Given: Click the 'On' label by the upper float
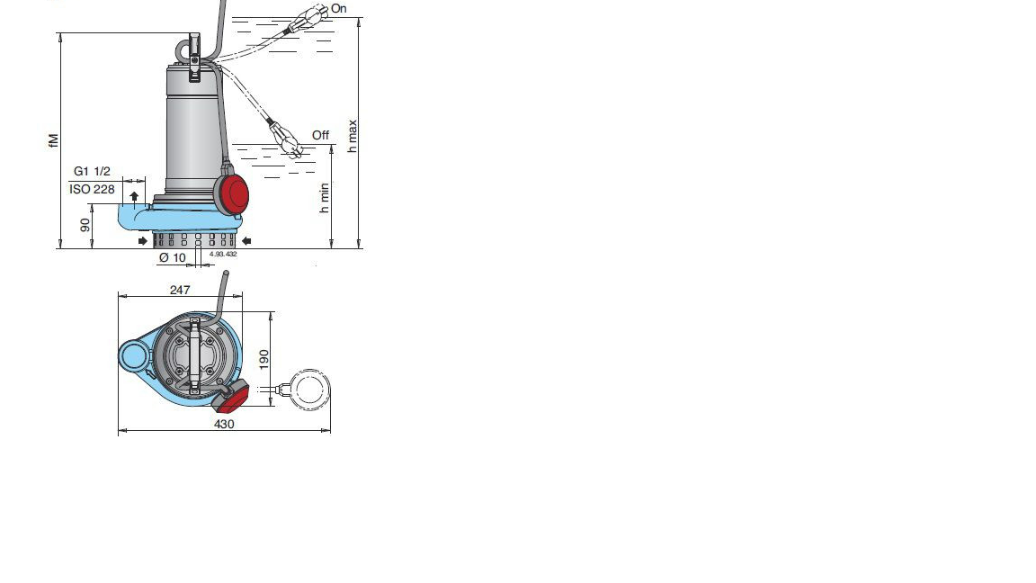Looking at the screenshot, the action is (338, 9).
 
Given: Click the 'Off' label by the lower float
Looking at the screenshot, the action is (320, 135).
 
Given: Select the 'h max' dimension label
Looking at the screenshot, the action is (353, 136).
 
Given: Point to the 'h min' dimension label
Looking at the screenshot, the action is (324, 198).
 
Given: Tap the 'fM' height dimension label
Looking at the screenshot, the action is (54, 140).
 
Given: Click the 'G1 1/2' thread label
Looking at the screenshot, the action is (92, 171).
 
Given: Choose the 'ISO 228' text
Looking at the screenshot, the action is (92, 189).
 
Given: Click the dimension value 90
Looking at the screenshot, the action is (85, 226).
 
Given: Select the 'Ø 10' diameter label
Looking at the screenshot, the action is (173, 258).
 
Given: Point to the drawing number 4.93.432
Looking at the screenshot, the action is (223, 254).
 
